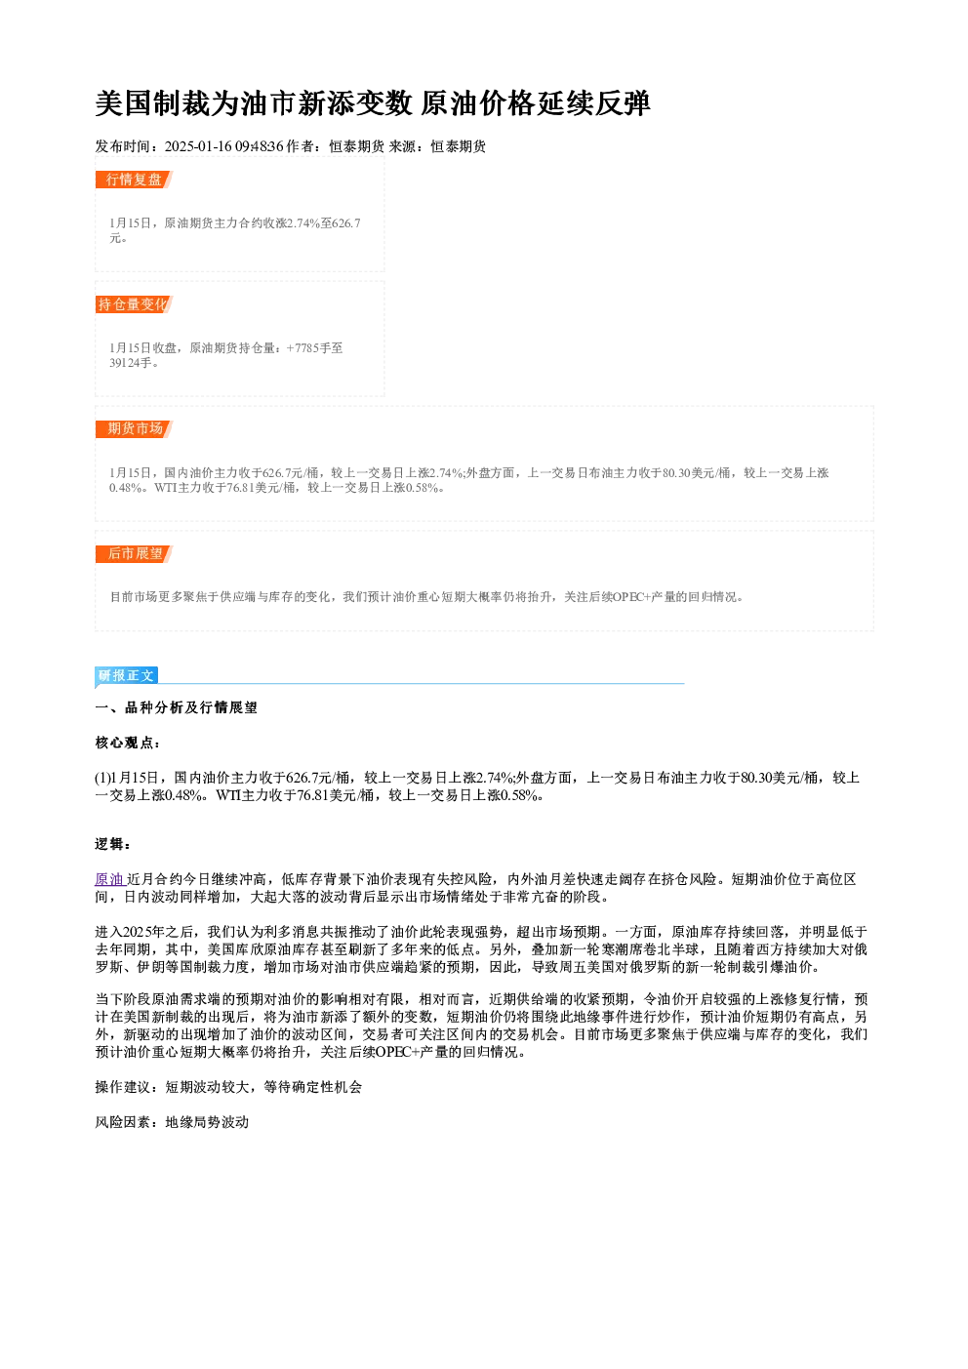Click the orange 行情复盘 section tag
point(134,180)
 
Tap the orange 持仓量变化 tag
point(134,303)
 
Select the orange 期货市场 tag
point(134,428)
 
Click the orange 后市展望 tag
point(134,553)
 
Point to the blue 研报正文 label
point(127,675)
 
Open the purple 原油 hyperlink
point(109,879)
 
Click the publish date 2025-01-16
point(199,146)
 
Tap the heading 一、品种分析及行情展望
point(176,707)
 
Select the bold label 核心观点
point(124,743)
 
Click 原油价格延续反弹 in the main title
point(536,103)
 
